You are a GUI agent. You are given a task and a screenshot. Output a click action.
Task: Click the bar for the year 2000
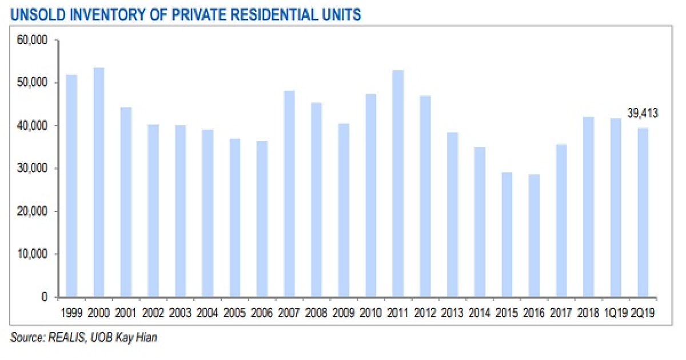pos(99,182)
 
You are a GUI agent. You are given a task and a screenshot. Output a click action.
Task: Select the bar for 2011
pos(398,183)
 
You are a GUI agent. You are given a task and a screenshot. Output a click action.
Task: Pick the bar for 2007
pos(289,194)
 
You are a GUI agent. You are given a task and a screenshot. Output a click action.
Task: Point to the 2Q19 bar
pos(643,212)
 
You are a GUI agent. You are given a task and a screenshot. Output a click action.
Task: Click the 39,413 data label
pos(643,114)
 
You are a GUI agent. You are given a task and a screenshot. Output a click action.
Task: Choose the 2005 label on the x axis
pos(234,313)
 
